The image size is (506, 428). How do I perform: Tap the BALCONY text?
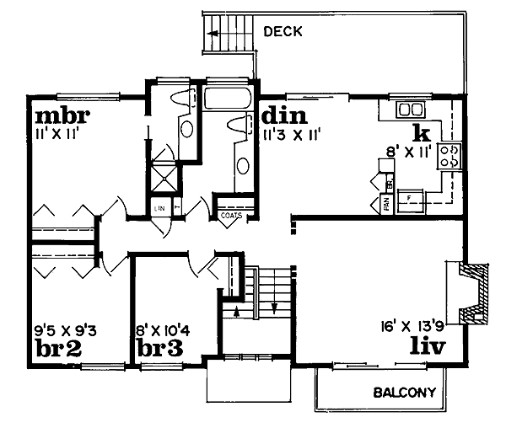pyautogui.click(x=405, y=393)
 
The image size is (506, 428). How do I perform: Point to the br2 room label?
pyautogui.click(x=57, y=348)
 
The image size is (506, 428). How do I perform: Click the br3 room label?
pyautogui.click(x=162, y=348)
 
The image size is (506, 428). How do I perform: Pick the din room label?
pyautogui.click(x=283, y=115)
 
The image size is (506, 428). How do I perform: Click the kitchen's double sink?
pyautogui.click(x=411, y=110)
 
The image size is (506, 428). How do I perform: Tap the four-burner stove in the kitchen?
pyautogui.click(x=451, y=154)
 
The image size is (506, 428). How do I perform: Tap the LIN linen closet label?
pyautogui.click(x=159, y=206)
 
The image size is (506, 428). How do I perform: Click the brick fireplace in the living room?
pyautogui.click(x=473, y=293)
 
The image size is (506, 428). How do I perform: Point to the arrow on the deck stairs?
pyautogui.click(x=217, y=34)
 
